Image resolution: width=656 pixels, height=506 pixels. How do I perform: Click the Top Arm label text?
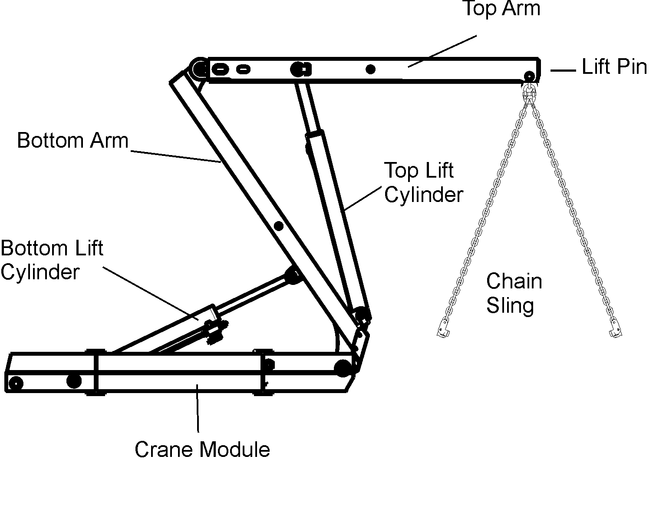pyautogui.click(x=501, y=8)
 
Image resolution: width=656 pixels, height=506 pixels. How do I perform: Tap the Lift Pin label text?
pyautogui.click(x=614, y=67)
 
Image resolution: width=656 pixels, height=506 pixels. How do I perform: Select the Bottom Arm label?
pyautogui.click(x=73, y=141)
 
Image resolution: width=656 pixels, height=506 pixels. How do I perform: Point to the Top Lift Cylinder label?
pyautogui.click(x=423, y=182)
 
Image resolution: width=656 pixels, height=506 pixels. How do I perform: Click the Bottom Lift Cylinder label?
pyautogui.click(x=51, y=260)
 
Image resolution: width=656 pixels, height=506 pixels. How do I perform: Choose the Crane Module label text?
pyautogui.click(x=202, y=450)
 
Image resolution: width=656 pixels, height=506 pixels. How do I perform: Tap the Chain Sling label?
pyautogui.click(x=514, y=293)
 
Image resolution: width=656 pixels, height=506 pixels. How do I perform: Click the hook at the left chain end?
pyautogui.click(x=443, y=329)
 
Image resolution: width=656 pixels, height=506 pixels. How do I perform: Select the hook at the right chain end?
pyautogui.click(x=615, y=329)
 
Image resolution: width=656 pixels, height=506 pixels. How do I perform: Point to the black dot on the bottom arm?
pyautogui.click(x=279, y=226)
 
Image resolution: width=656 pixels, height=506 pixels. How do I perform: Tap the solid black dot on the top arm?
pyautogui.click(x=370, y=69)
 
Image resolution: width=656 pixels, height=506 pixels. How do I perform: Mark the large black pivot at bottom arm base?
pyautogui.click(x=343, y=367)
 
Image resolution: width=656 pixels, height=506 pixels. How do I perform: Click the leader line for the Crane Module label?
pyautogui.click(x=198, y=408)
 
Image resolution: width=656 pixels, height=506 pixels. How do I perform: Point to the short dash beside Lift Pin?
pyautogui.click(x=563, y=70)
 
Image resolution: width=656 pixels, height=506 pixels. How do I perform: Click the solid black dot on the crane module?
pyautogui.click(x=74, y=381)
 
